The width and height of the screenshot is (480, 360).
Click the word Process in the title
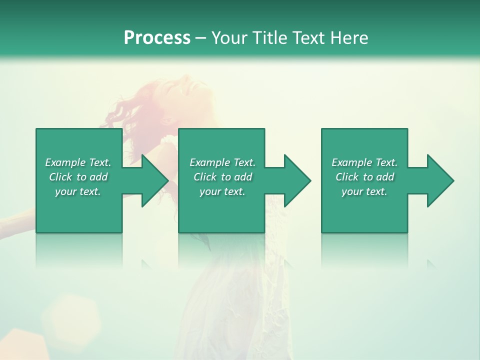coord(157,38)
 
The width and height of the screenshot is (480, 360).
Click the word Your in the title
coord(230,38)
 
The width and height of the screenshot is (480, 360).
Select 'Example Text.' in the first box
coord(78,162)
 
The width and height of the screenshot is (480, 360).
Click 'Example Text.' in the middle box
coord(222,162)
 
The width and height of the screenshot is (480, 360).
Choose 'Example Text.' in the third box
coord(364,162)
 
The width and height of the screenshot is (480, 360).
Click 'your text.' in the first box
coord(78,191)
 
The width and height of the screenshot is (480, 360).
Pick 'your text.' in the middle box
coord(222,191)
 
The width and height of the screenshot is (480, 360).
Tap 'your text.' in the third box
coord(364,191)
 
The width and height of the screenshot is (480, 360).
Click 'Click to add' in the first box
coord(78,177)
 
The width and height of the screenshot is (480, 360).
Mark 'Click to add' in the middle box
coord(222,177)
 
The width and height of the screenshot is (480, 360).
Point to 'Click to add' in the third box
coord(364,177)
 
